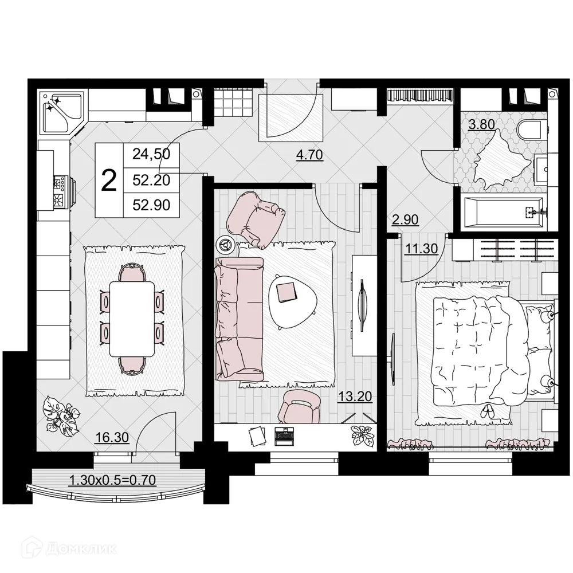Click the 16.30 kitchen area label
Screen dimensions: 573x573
point(112,438)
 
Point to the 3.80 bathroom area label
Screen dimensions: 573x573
point(481,123)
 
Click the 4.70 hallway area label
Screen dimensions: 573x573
point(309,154)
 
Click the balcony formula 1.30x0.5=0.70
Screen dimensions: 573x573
point(112,480)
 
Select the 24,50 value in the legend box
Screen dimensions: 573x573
point(151,154)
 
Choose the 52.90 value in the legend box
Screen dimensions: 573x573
point(151,205)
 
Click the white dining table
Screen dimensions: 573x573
point(132,317)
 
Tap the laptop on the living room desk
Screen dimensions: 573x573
point(284,435)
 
